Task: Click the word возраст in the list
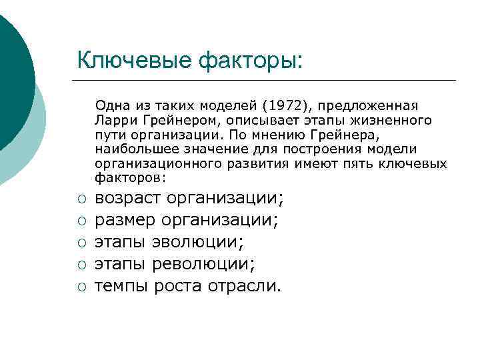tap(129, 198)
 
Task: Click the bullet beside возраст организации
tap(80, 199)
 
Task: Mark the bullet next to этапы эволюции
tap(80, 243)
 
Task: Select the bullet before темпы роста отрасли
tap(80, 287)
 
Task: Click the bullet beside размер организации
tap(80, 221)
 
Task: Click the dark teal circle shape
tap(10, 67)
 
